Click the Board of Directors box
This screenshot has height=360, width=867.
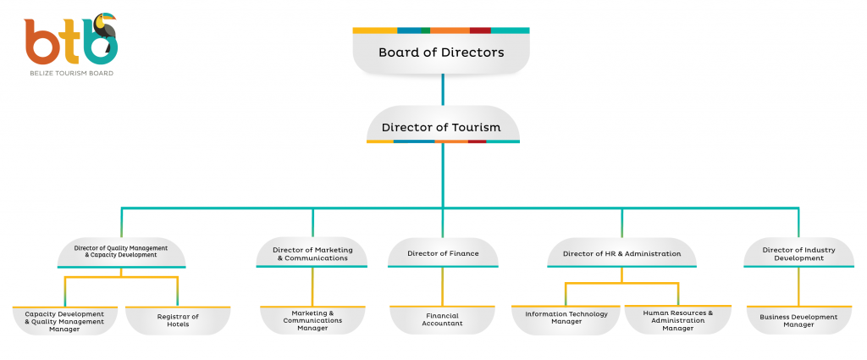click(441, 53)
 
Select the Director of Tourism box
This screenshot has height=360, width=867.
click(441, 128)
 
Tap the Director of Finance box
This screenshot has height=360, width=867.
click(443, 253)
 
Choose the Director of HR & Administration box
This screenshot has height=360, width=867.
click(621, 253)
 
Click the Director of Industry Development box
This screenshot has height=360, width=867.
click(798, 253)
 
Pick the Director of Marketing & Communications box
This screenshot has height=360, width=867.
click(312, 253)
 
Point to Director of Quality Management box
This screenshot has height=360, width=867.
click(121, 252)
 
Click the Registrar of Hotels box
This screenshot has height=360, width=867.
click(178, 320)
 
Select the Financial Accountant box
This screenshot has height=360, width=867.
click(443, 320)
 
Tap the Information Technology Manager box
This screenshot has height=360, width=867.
click(566, 318)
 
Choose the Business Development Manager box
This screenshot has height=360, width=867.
click(798, 320)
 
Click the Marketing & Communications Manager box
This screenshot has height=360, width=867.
click(312, 320)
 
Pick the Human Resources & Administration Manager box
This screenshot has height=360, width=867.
click(678, 319)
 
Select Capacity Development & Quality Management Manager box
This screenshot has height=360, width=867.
click(64, 320)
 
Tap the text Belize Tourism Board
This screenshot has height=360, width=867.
click(70, 74)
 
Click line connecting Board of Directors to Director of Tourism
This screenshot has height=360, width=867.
click(442, 90)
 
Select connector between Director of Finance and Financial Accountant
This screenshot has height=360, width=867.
click(443, 286)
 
